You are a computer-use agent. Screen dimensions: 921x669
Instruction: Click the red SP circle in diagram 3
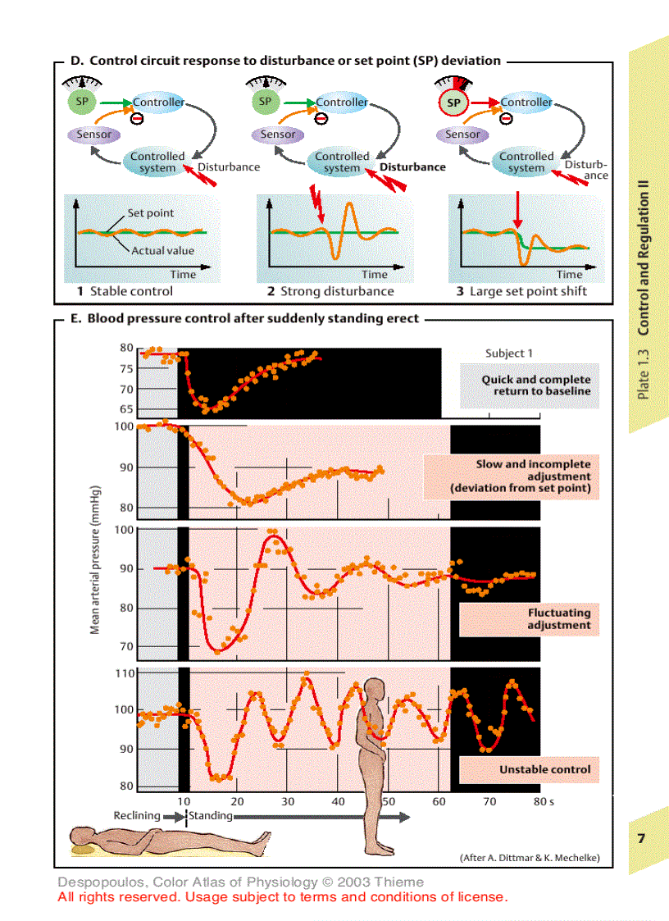click(x=453, y=103)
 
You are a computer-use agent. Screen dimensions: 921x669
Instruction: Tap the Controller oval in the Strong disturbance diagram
click(x=342, y=103)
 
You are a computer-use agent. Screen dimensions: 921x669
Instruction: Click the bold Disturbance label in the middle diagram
click(x=412, y=166)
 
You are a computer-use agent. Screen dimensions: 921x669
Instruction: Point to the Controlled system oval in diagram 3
click(x=526, y=162)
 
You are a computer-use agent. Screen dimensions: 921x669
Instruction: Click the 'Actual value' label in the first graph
click(x=162, y=250)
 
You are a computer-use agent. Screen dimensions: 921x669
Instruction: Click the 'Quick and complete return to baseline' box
click(x=536, y=385)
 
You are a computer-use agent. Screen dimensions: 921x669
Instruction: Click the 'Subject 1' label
click(x=509, y=353)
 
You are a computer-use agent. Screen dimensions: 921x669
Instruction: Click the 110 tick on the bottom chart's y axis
click(x=123, y=673)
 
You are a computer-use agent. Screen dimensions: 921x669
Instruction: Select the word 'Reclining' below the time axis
click(x=137, y=816)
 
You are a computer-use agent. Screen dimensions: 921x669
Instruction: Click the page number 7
click(x=642, y=837)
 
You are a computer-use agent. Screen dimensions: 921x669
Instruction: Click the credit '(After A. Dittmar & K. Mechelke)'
click(x=530, y=857)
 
